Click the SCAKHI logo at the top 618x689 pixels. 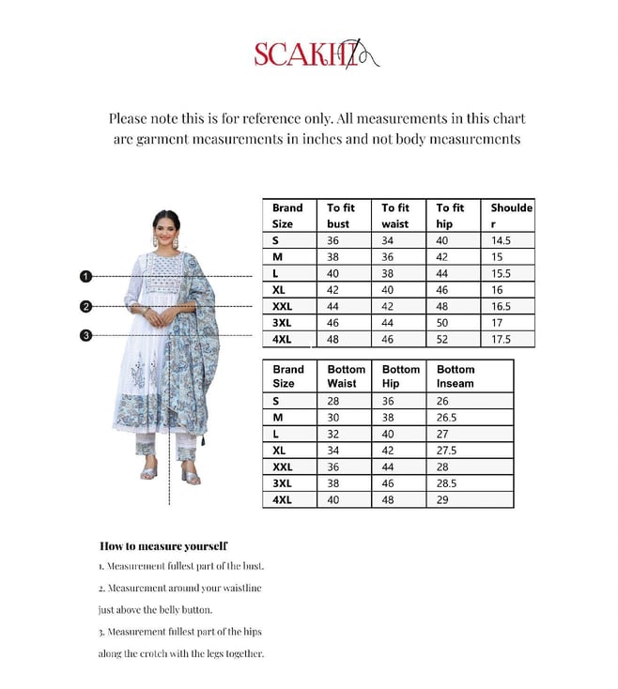[315, 54]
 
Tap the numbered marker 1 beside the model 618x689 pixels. [85, 276]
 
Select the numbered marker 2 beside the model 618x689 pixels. [85, 306]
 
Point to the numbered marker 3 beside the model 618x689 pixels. [85, 335]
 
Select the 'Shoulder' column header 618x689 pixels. [511, 216]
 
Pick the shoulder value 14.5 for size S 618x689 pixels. [502, 240]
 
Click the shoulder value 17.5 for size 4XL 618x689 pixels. [502, 339]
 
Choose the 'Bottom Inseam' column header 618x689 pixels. [456, 376]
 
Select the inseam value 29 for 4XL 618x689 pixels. [443, 500]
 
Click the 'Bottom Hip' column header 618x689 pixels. [400, 376]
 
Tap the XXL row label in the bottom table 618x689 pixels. [283, 467]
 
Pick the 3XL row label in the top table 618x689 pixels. [283, 322]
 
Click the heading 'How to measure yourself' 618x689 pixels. [162, 545]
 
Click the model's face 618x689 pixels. [166, 228]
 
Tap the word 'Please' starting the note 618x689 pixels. [130, 119]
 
